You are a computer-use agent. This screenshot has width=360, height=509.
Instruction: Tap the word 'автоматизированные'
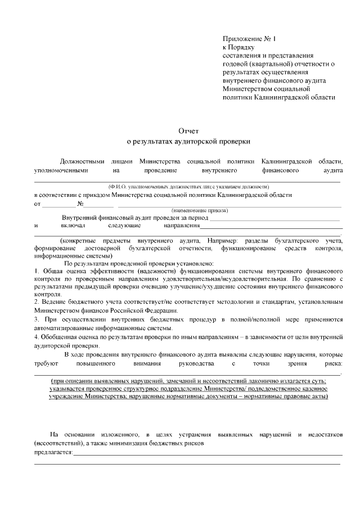[x=64, y=328]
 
